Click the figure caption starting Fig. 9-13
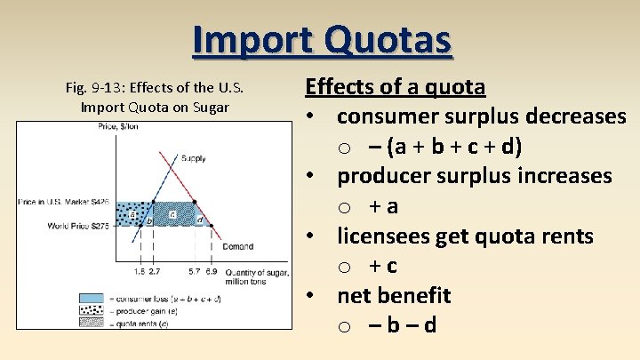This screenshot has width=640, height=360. pos(155,98)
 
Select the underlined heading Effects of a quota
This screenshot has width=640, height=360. pos(395,87)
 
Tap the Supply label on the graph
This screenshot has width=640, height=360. pos(193,158)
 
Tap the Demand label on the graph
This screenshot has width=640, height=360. pos(237,246)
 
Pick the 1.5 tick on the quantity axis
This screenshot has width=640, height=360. pos(140,269)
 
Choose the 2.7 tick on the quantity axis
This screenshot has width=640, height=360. pos(155,269)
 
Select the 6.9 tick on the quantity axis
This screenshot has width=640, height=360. pos(210,269)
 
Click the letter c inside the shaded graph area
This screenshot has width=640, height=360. pos(172,214)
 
